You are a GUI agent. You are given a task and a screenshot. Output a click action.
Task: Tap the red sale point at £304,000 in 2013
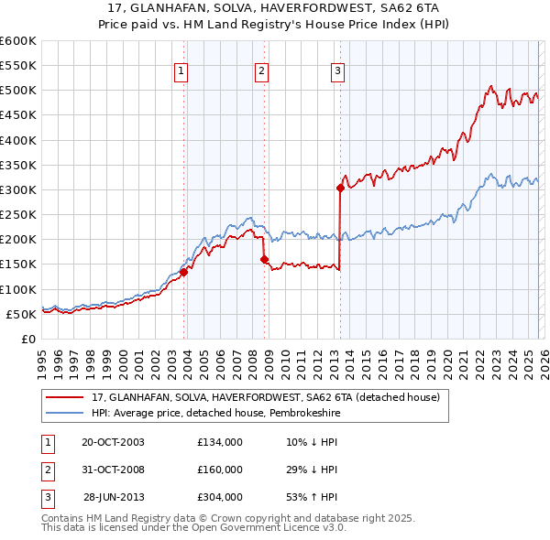click(x=340, y=189)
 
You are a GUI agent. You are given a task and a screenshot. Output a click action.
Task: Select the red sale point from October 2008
click(x=265, y=260)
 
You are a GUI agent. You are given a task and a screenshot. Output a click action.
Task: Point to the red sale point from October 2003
click(x=184, y=272)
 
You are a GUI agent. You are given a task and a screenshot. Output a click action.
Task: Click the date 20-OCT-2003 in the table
click(x=113, y=443)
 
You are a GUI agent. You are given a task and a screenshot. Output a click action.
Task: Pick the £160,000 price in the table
click(x=220, y=470)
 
